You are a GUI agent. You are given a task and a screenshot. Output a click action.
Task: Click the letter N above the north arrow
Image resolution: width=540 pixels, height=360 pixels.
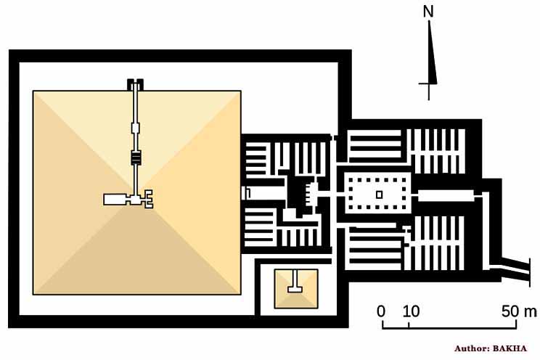429,12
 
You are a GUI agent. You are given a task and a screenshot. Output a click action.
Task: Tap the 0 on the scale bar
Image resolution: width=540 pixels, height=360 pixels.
381,311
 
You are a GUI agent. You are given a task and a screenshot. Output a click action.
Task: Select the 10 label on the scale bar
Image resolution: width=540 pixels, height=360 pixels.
411,311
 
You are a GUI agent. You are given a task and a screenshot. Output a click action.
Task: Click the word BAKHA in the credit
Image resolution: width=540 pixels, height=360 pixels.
515,348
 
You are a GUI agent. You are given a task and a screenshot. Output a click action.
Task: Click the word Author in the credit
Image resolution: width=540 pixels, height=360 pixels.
472,348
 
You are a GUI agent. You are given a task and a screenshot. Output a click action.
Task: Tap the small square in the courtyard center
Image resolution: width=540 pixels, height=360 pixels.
378,194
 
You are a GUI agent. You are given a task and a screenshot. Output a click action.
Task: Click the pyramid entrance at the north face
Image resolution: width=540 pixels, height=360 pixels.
134,83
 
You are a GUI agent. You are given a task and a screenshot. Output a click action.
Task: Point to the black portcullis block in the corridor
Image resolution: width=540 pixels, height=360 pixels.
134,157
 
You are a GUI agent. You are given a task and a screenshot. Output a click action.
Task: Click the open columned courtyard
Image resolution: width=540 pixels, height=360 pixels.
378,194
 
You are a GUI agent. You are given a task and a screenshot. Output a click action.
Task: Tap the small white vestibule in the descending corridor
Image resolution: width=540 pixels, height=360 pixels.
134,129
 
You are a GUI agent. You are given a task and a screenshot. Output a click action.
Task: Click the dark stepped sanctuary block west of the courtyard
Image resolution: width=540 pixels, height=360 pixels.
298,195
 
